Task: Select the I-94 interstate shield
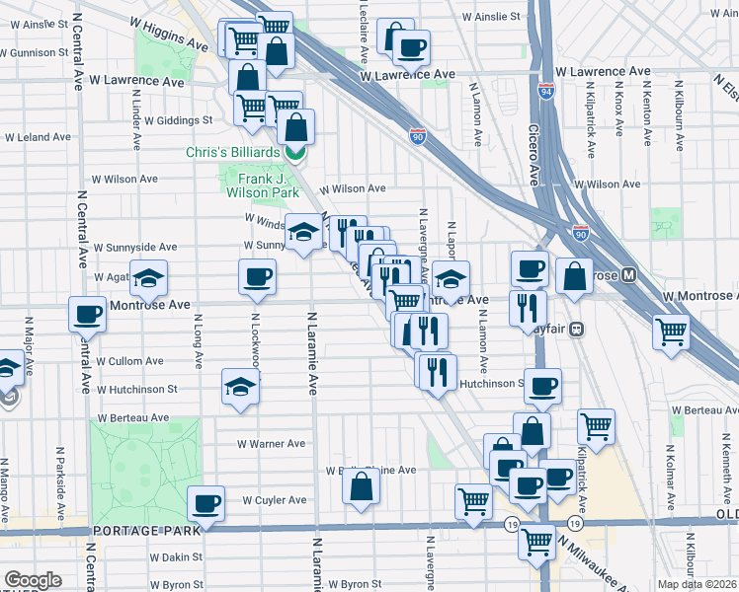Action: (x=545, y=92)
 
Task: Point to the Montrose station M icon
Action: (x=628, y=277)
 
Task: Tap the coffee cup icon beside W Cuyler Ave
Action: (x=206, y=503)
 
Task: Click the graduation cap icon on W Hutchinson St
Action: (x=240, y=388)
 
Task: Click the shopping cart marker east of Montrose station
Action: (x=671, y=331)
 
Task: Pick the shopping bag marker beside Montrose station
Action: (x=574, y=276)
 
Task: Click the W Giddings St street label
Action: (x=178, y=120)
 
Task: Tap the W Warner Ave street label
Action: (x=272, y=444)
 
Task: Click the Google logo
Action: (x=34, y=580)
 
